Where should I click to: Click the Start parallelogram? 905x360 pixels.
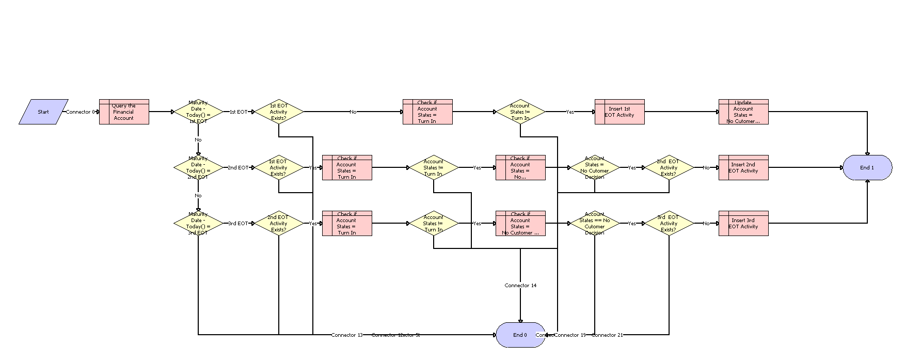(43, 112)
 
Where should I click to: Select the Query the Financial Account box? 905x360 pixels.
(124, 112)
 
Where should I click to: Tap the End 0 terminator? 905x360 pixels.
(520, 335)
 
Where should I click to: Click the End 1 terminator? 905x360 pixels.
(867, 167)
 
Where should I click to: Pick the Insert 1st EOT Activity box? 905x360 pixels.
(620, 112)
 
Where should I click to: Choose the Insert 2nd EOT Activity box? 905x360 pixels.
(743, 167)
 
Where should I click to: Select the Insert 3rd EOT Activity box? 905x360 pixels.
(743, 223)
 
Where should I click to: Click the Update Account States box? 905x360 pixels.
(743, 112)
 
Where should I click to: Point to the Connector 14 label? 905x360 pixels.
(520, 285)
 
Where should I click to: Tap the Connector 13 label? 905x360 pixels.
(347, 335)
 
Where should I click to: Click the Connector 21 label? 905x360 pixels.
(607, 335)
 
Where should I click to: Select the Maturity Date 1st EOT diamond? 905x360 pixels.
(198, 112)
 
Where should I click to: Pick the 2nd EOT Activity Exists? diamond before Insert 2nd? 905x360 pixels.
(669, 167)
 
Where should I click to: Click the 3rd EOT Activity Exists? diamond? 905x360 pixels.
(669, 223)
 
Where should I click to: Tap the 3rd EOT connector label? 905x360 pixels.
(238, 223)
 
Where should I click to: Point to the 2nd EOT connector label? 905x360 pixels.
(238, 167)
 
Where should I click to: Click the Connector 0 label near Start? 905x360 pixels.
(81, 112)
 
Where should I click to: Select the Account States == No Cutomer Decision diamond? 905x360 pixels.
(594, 223)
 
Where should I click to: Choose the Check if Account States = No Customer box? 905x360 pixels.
(520, 223)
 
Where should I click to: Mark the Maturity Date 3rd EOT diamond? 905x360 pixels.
(198, 223)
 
